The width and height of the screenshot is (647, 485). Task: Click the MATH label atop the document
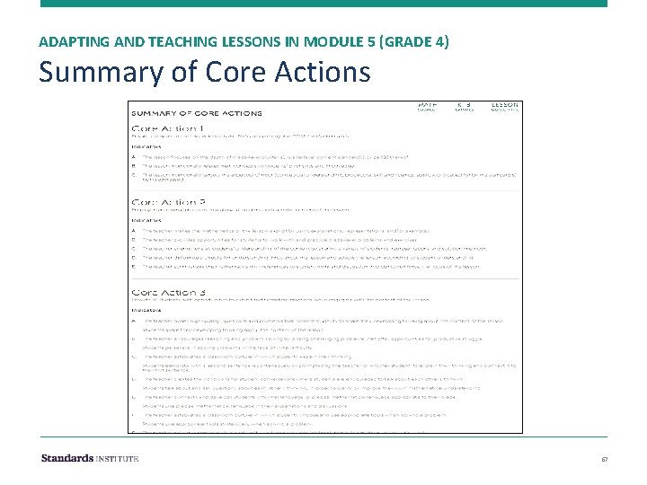tap(426, 106)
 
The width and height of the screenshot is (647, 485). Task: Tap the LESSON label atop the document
tap(504, 106)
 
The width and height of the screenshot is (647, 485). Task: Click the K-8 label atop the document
tap(464, 106)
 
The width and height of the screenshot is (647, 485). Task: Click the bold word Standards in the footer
tap(68, 458)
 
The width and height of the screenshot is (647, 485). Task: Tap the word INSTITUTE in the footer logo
tap(119, 458)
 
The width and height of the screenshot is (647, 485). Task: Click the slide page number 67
tap(603, 459)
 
